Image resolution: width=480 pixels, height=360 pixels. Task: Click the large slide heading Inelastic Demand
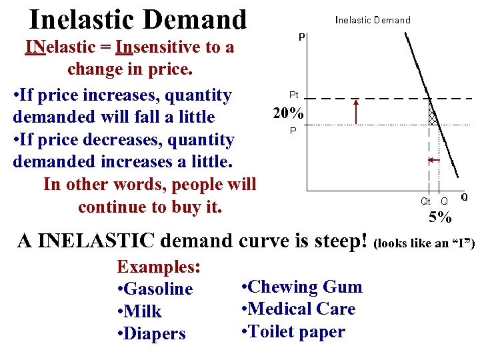click(138, 19)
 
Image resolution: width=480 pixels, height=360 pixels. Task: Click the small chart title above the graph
click(372, 20)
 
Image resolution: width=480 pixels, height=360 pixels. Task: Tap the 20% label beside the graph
click(288, 113)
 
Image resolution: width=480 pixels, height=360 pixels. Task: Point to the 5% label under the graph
click(440, 217)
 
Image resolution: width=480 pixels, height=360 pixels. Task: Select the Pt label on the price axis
click(293, 96)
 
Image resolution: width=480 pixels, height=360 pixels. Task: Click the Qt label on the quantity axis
click(425, 201)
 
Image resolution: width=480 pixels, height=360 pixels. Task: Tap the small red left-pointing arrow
click(433, 160)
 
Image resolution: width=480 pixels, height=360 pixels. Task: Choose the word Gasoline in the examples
click(159, 289)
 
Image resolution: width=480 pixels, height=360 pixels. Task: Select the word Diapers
click(156, 333)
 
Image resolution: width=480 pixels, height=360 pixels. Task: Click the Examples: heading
click(159, 267)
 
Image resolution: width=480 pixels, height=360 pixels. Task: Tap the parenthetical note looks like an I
click(426, 243)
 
